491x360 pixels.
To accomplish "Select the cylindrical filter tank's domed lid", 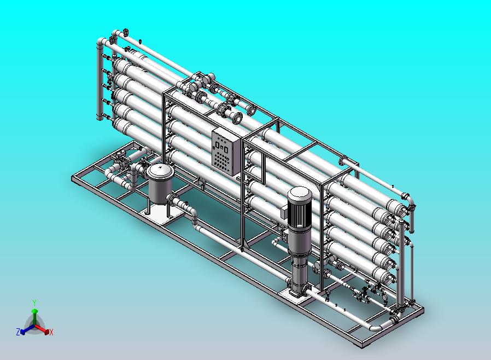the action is (160, 171).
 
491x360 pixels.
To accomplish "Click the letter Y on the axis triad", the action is (34, 303).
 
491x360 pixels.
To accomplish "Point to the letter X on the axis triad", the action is (51, 332).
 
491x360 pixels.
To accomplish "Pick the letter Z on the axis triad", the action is (18, 332).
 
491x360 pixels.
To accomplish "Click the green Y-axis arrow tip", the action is (35, 311).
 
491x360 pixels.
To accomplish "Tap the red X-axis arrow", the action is (42, 329).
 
